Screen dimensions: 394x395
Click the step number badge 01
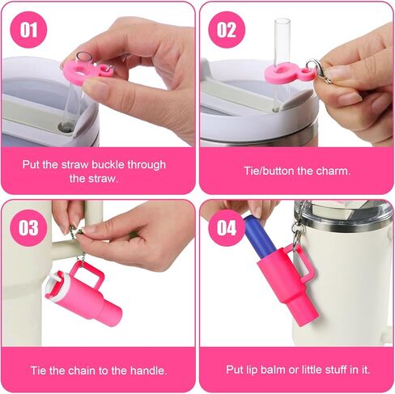[28, 30]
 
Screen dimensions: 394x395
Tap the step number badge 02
[227, 30]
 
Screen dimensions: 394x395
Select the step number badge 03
[28, 228]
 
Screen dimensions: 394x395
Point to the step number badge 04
[227, 228]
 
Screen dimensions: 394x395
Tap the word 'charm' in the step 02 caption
[330, 171]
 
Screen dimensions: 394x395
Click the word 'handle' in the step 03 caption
[149, 370]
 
